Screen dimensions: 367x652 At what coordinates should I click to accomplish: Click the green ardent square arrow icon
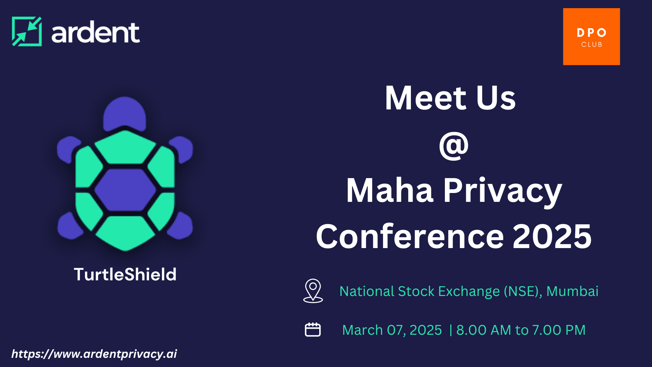click(27, 31)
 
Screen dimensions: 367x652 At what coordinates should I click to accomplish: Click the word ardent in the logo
click(95, 33)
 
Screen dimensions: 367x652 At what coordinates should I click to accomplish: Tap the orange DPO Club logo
click(591, 37)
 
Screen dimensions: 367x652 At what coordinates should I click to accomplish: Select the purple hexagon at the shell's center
click(125, 190)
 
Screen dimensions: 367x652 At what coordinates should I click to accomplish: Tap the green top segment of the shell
click(125, 147)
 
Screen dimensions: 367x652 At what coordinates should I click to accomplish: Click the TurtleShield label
click(125, 274)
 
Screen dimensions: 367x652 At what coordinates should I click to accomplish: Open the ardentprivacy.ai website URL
click(94, 354)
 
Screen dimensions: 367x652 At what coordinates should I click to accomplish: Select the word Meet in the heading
click(426, 98)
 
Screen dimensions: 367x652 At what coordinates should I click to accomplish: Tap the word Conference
click(410, 237)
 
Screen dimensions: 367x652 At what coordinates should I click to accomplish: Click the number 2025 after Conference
click(552, 237)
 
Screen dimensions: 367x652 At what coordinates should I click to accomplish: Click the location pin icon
click(313, 291)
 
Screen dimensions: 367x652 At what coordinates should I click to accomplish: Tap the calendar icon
click(312, 330)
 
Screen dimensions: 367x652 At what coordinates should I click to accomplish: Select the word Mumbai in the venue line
click(572, 291)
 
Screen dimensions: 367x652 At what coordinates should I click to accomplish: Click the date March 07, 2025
click(392, 330)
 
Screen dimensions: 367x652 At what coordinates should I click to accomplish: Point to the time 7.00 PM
click(559, 330)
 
